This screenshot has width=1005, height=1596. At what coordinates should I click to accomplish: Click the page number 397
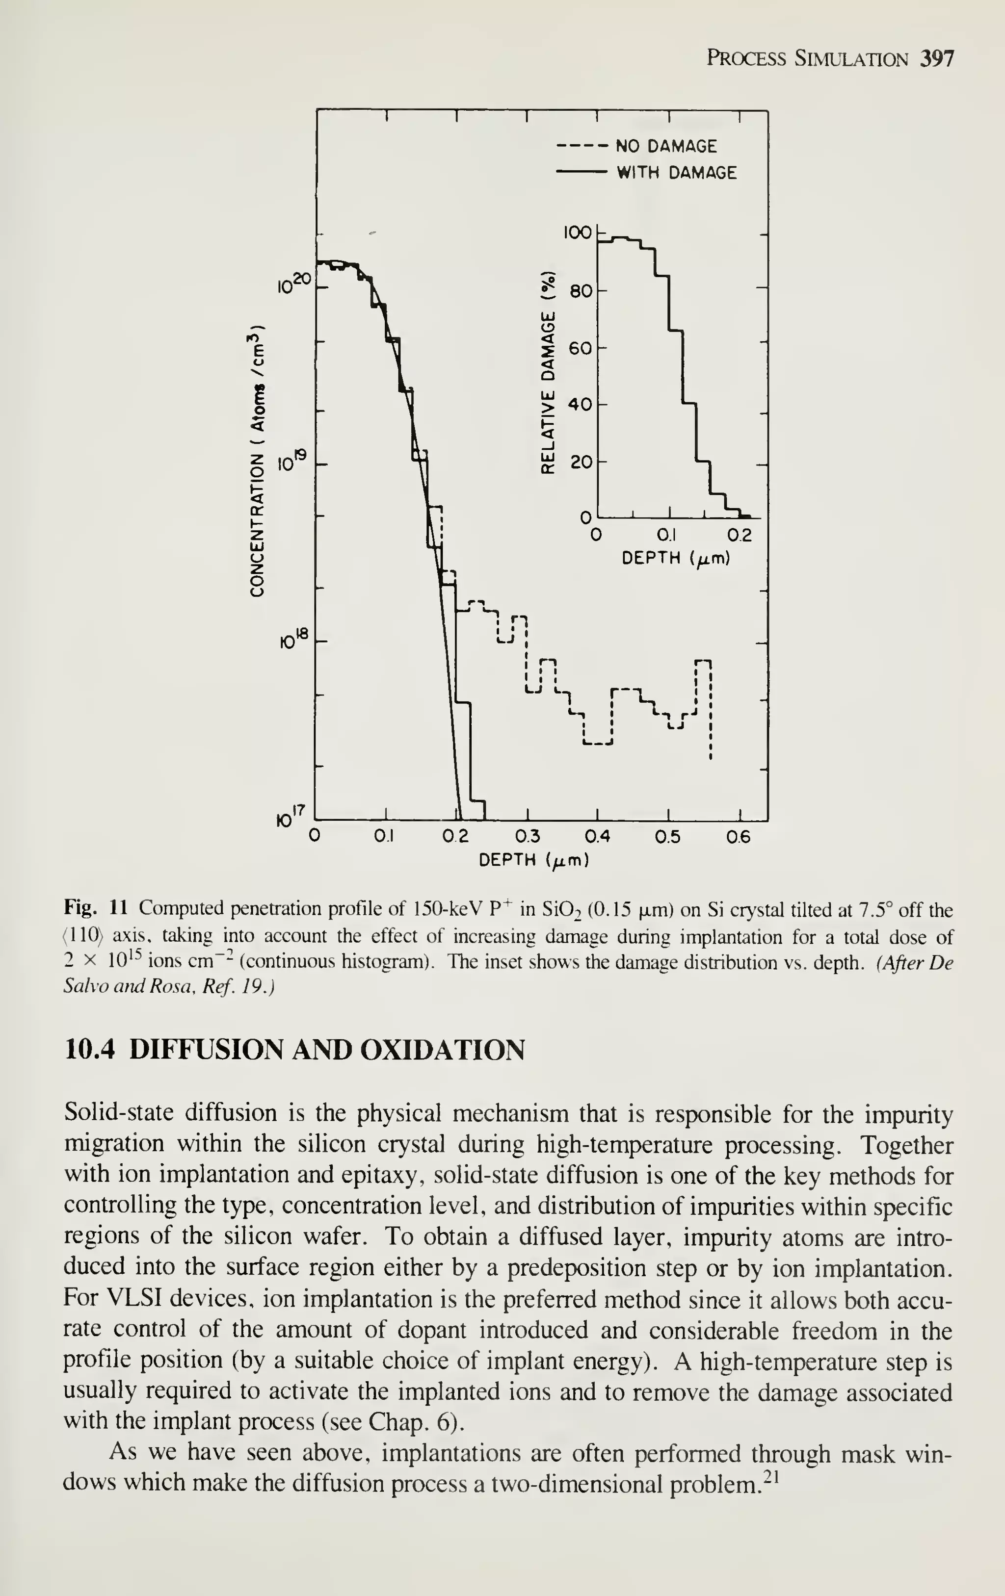pyautogui.click(x=937, y=59)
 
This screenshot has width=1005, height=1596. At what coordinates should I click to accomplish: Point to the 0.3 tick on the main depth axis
pyautogui.click(x=528, y=837)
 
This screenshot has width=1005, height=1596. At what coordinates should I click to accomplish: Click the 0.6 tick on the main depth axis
pyautogui.click(x=739, y=837)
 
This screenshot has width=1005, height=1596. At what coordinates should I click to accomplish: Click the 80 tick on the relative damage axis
pyautogui.click(x=582, y=290)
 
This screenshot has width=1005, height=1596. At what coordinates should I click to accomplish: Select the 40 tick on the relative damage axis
pyautogui.click(x=582, y=404)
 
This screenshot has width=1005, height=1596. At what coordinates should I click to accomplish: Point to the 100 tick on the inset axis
pyautogui.click(x=576, y=232)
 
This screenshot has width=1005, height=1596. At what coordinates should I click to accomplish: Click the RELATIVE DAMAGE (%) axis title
pyautogui.click(x=548, y=372)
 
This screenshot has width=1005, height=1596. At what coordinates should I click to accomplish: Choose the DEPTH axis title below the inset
pyautogui.click(x=676, y=559)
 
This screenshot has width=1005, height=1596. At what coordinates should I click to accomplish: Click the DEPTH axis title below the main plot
pyautogui.click(x=533, y=860)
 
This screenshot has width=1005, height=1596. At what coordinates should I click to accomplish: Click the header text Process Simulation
pyautogui.click(x=807, y=59)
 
